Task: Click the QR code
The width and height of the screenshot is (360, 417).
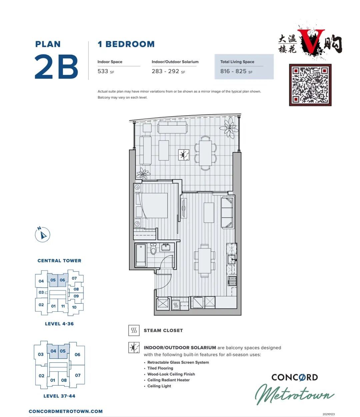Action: click(x=310, y=85)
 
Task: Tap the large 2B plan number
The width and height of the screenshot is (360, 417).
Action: click(x=56, y=67)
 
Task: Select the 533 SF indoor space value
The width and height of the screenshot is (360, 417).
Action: click(x=106, y=71)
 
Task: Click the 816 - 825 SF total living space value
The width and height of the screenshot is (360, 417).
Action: click(x=236, y=71)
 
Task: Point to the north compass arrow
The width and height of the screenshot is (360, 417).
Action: click(x=43, y=235)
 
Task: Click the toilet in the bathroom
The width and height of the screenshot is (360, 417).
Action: click(x=153, y=249)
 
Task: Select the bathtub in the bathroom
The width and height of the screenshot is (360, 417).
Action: click(x=141, y=255)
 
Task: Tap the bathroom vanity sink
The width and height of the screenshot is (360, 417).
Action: click(x=166, y=247)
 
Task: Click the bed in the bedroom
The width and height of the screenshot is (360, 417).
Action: click(x=151, y=206)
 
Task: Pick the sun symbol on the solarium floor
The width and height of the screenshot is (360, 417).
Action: click(x=184, y=155)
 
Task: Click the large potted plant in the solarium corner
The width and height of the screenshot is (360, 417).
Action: click(x=229, y=128)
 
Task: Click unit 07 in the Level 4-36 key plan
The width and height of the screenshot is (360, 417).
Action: click(x=74, y=278)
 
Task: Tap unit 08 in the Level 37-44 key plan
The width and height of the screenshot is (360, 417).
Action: click(x=64, y=380)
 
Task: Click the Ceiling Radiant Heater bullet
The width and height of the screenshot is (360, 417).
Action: click(x=168, y=380)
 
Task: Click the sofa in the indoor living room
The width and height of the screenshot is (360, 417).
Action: click(x=227, y=212)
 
